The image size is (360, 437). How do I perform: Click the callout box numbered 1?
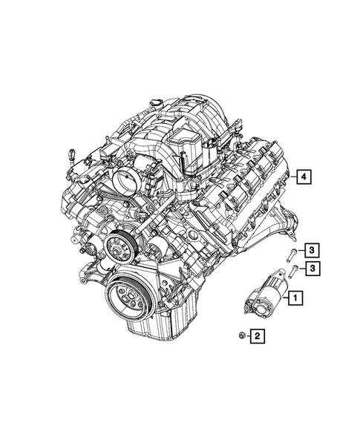coord(295,299)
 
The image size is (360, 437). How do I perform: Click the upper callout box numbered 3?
coord(314,249)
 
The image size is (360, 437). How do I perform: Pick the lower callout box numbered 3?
coord(314,267)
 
